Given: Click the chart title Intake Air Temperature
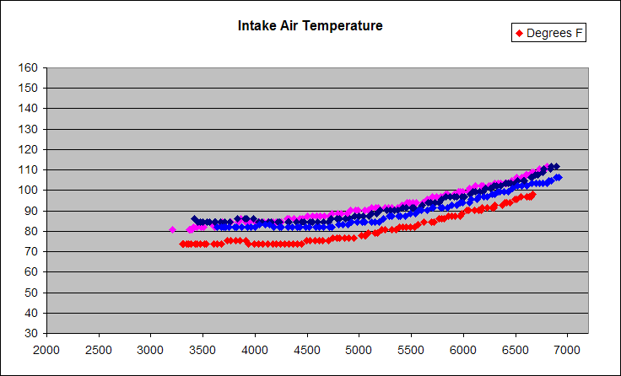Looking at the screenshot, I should [x=310, y=25].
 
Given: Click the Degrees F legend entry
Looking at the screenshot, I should [x=549, y=34].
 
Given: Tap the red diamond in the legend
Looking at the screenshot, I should [x=519, y=34].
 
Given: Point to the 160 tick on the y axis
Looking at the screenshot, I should [x=30, y=67].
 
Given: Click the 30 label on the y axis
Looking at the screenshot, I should [x=33, y=333].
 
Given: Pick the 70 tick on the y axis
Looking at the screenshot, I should [x=33, y=251].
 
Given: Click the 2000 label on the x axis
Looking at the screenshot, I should [x=46, y=349].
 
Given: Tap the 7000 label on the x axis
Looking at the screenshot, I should [x=567, y=349].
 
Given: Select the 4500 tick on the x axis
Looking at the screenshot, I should [x=306, y=349].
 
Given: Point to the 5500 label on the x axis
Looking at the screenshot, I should [x=411, y=349].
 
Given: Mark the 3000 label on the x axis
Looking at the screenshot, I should [x=150, y=349].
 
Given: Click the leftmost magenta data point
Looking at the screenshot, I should [x=173, y=229].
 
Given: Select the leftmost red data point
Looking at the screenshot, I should [x=182, y=244].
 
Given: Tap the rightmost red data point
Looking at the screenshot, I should [x=532, y=195].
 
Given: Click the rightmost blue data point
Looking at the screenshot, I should [x=558, y=177].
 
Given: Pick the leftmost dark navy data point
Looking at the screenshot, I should [x=195, y=219].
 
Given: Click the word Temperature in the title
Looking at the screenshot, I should [x=343, y=25].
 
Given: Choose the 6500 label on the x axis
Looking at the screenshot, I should [x=515, y=349].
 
